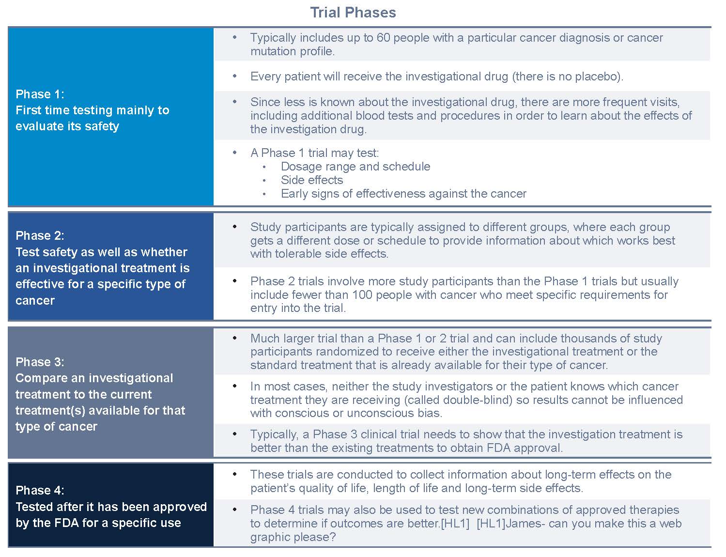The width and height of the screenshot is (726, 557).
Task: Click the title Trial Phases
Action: click(x=353, y=13)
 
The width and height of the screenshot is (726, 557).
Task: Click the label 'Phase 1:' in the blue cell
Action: click(x=40, y=94)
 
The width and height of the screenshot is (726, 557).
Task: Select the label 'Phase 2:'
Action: click(x=40, y=236)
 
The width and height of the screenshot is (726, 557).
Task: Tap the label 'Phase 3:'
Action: click(x=40, y=362)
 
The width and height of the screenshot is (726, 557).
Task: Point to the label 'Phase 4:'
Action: click(x=40, y=491)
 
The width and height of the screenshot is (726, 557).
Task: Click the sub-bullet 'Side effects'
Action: click(x=311, y=180)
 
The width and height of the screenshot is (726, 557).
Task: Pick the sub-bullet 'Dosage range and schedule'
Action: click(x=355, y=167)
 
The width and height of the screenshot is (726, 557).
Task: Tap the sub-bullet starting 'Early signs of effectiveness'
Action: click(x=403, y=194)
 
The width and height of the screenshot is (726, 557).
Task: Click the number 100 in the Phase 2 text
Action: click(x=362, y=295)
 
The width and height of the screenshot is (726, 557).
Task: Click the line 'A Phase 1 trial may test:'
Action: click(x=314, y=153)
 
